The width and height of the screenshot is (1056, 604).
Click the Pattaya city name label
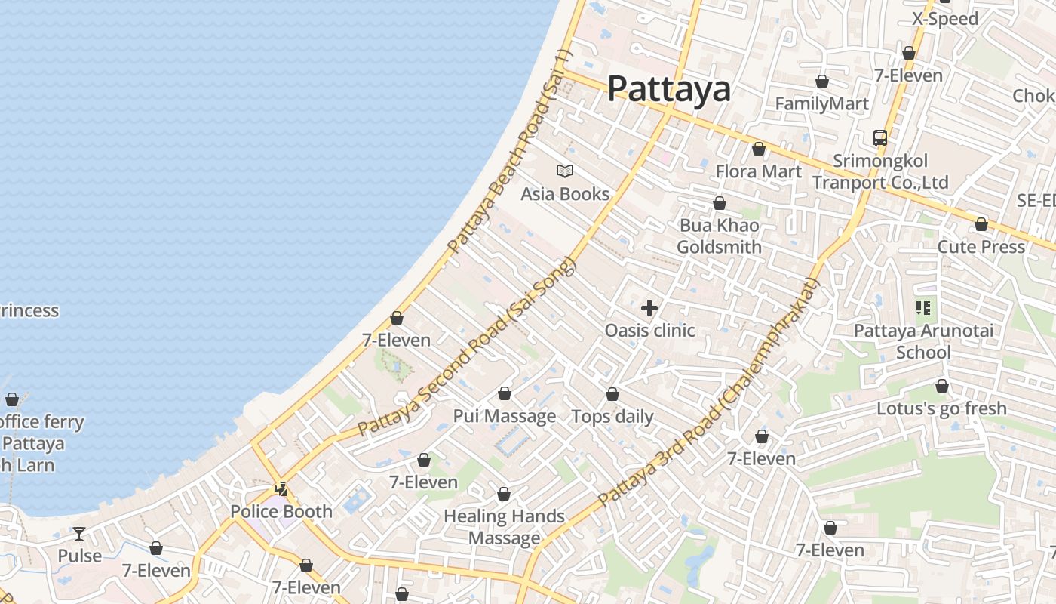668,89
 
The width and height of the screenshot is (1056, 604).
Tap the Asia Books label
565,194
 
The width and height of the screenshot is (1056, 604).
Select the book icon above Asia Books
565,171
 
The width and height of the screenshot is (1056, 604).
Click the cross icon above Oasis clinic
649,308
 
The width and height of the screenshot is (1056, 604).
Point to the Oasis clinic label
649,331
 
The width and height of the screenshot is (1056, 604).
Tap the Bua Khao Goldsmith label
719,236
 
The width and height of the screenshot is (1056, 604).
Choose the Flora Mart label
758,171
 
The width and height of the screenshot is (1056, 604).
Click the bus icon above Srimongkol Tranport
880,138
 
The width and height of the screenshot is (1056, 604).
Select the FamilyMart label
822,103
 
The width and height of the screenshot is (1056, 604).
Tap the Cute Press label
981,247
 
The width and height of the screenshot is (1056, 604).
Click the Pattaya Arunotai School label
923,341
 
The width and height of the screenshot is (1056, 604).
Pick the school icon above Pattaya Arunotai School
923,308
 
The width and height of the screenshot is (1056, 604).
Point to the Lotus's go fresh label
941,408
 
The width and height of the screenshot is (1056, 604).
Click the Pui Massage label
504,416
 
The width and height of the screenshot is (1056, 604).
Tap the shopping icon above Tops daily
612,394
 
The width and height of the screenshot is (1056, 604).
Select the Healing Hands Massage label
504,527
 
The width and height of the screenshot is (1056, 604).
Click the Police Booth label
281,511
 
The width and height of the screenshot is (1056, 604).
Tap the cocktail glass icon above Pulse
79,534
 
